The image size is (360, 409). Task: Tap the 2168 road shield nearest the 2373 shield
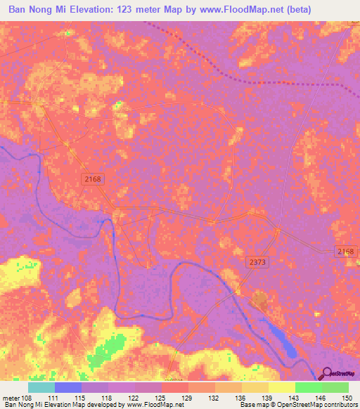[x=347, y=251]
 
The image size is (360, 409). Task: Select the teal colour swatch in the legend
[x=41, y=387]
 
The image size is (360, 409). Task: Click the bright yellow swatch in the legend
[x=281, y=387]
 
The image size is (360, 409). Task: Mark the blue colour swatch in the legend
[x=67, y=387]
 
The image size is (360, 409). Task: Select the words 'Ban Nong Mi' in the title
[x=41, y=10]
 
